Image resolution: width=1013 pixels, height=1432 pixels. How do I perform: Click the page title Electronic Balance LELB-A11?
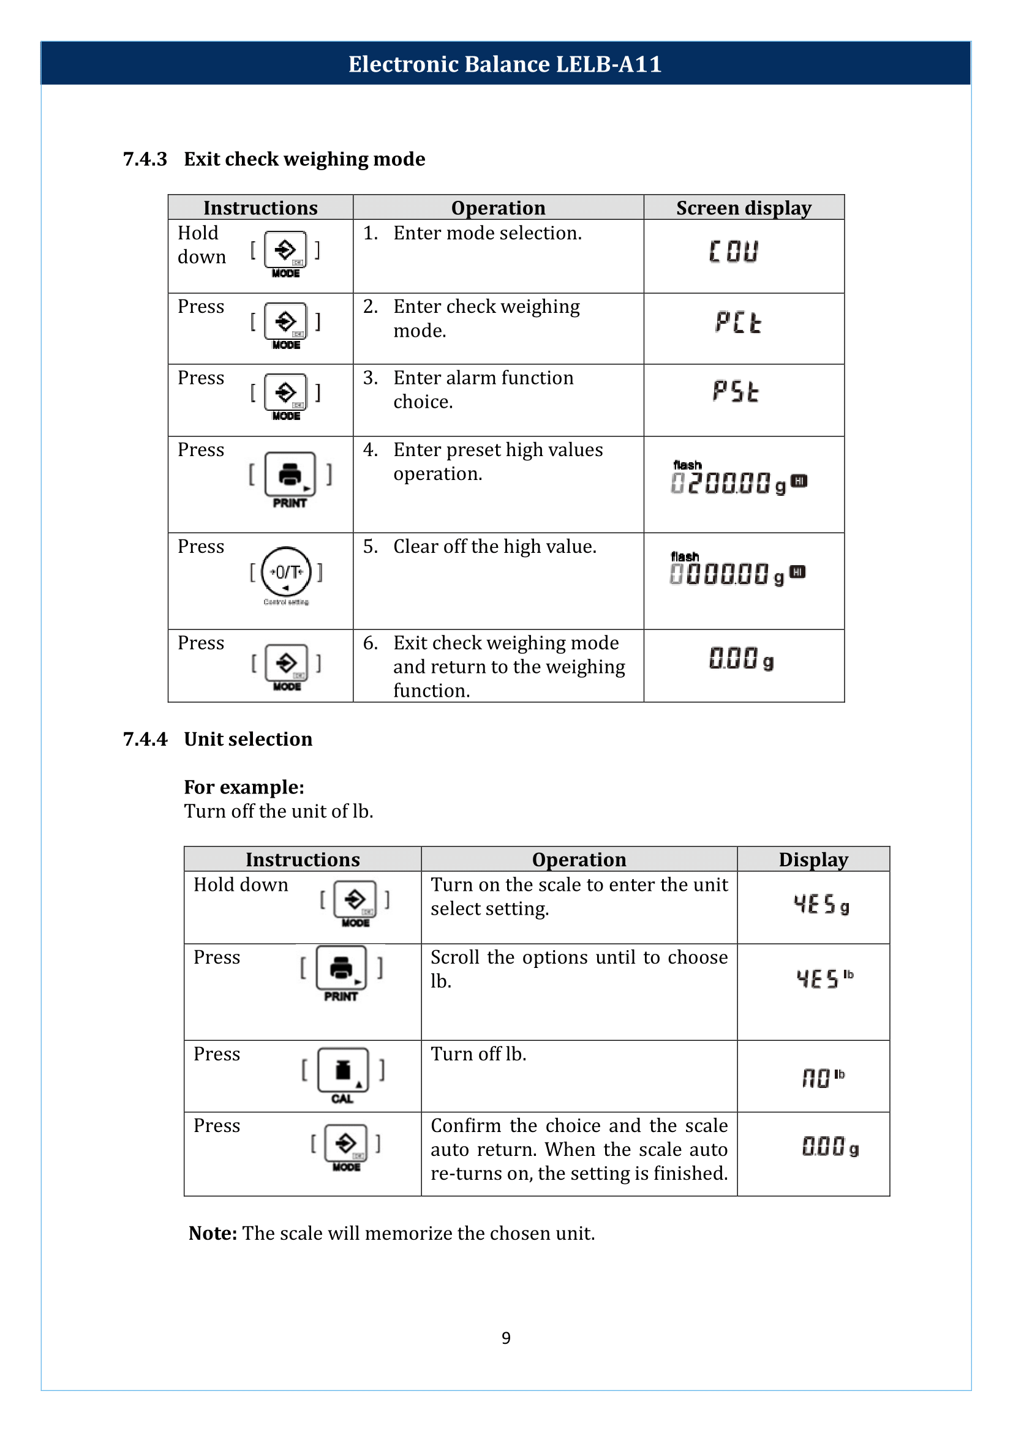click(505, 64)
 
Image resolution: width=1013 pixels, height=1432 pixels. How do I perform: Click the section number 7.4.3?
click(145, 159)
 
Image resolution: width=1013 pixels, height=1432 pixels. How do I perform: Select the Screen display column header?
click(744, 208)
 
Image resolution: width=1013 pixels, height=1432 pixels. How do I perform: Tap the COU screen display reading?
click(734, 252)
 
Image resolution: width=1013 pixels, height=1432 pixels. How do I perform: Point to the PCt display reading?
click(738, 323)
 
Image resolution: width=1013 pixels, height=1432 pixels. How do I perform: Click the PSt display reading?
click(736, 392)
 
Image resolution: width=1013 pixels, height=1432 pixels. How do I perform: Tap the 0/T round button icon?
click(285, 572)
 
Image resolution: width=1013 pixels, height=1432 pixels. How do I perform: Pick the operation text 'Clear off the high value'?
click(495, 546)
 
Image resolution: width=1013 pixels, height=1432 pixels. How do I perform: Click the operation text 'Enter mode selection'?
click(487, 233)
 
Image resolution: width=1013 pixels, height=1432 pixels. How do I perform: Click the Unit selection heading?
click(247, 739)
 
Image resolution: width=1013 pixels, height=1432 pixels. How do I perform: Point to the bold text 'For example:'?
click(244, 787)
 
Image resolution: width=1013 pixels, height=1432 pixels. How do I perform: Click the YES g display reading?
click(821, 904)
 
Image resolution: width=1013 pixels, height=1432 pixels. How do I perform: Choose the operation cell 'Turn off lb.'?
click(478, 1054)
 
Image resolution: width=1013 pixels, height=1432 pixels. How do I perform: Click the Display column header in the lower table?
click(813, 860)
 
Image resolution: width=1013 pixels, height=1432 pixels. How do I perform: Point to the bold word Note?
click(213, 1233)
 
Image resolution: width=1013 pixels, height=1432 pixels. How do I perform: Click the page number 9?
click(506, 1338)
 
